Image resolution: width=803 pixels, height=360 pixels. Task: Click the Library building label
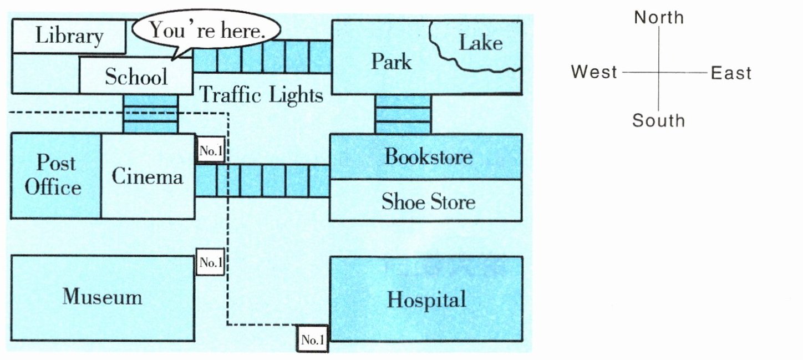point(69,36)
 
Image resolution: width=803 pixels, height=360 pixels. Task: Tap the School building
point(136,77)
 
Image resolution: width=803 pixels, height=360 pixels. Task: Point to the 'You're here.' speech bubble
point(206,31)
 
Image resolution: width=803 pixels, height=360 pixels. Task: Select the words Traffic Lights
point(261,95)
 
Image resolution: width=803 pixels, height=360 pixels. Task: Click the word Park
point(391,61)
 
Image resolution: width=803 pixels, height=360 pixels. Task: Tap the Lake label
point(480,43)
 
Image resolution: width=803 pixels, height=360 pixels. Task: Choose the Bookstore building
point(428,156)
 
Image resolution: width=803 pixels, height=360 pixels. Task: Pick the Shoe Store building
point(428,201)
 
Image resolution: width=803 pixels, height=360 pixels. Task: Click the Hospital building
point(426,300)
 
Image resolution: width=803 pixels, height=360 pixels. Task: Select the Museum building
point(102,297)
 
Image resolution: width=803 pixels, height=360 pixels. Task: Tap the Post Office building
point(54,175)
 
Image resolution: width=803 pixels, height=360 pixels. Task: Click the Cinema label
point(148,176)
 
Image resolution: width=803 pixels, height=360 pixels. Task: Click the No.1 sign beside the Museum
point(211,262)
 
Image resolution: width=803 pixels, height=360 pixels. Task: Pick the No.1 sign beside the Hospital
point(312,339)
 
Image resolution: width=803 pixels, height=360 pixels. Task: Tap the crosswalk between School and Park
point(262,57)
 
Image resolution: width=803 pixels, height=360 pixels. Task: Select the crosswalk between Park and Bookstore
point(403,114)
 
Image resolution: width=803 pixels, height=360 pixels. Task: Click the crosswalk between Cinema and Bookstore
point(262,181)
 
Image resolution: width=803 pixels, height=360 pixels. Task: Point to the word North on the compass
point(659,18)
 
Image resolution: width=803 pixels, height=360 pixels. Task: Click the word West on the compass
point(594,72)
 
